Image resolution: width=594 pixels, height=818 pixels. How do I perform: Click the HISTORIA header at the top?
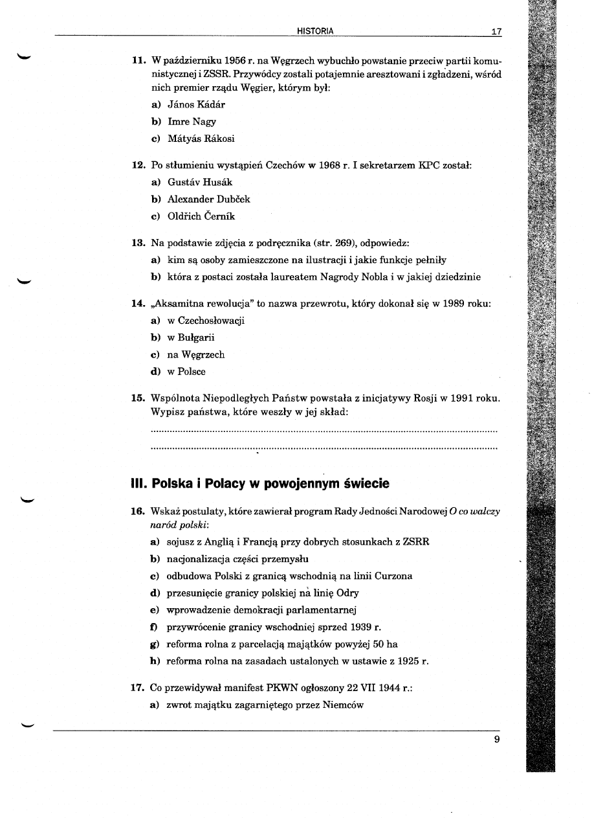315,30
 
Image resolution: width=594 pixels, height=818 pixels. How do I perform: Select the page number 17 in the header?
496,31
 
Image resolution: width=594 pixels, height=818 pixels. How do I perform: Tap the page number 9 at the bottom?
496,740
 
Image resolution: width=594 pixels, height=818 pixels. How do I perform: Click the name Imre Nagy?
192,122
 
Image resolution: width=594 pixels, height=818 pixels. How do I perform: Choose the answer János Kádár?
196,104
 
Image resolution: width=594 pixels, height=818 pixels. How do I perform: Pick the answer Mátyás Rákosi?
201,139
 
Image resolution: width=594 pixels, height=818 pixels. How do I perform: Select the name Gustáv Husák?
199,183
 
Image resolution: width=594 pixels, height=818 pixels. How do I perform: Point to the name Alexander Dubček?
208,199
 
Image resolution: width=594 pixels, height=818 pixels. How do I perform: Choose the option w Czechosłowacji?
206,321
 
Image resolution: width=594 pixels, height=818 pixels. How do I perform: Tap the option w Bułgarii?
191,337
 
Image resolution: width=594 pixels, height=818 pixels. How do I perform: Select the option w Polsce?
186,372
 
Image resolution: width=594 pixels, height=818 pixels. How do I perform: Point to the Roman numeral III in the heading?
138,484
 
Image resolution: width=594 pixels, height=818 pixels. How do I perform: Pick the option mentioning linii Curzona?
289,576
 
